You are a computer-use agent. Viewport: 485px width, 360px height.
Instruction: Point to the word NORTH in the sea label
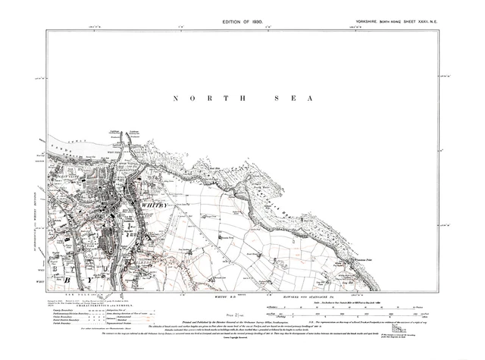[x=199, y=99]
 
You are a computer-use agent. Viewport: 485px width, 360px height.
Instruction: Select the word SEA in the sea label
[x=294, y=99]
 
